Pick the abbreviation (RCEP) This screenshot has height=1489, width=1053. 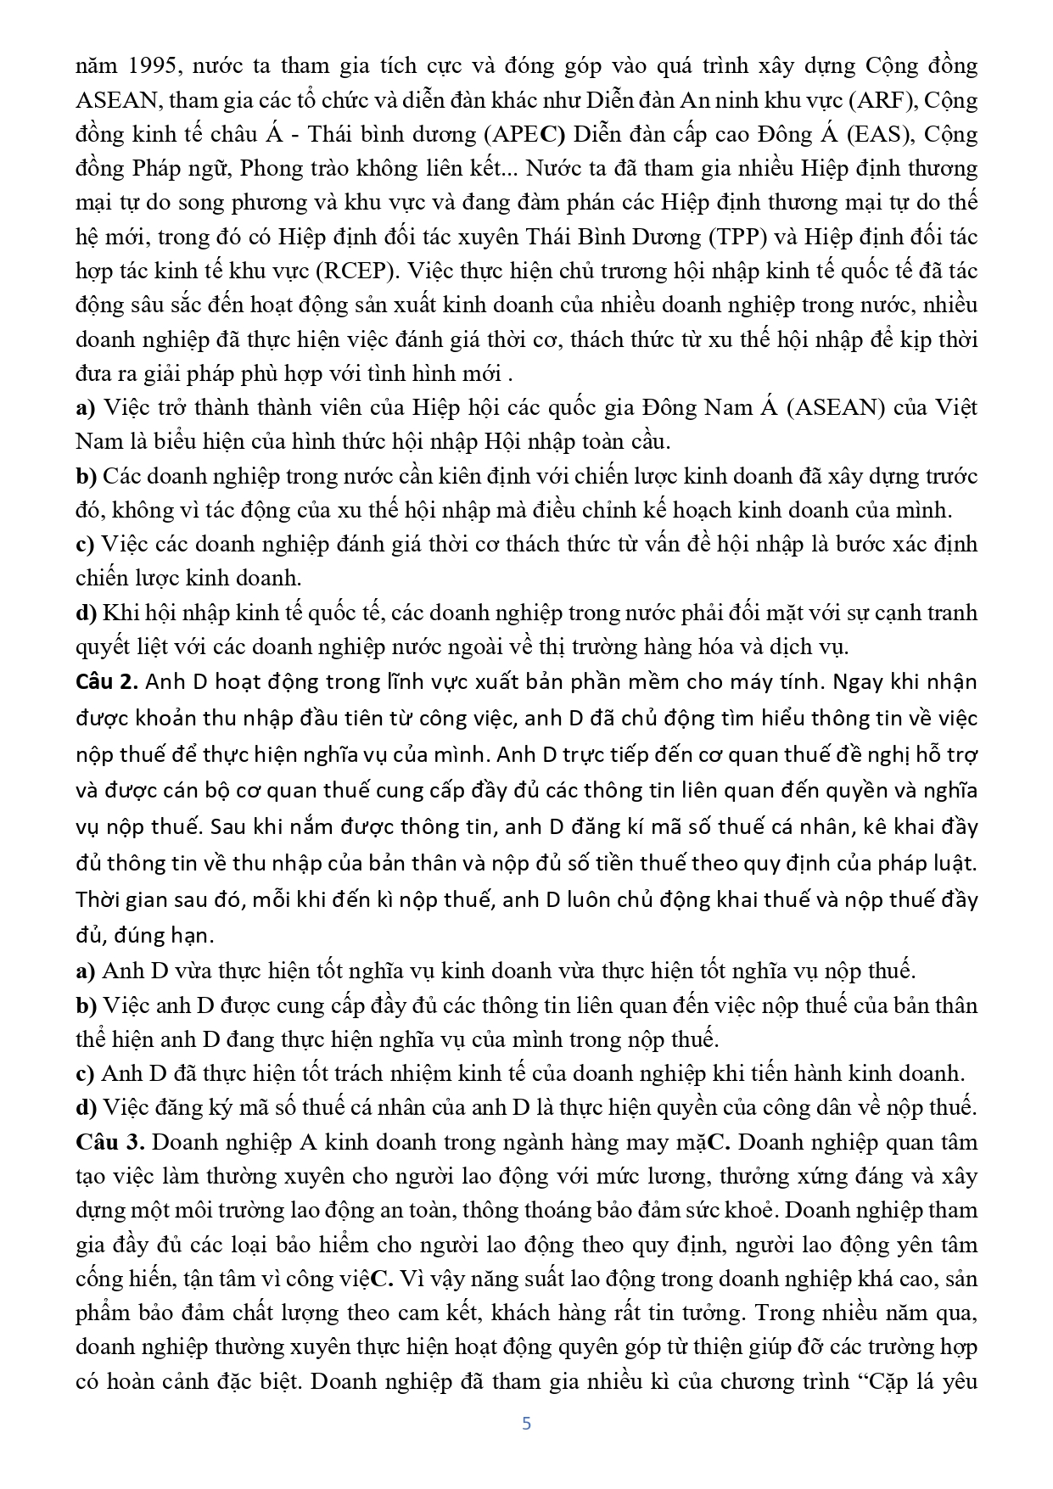point(358,271)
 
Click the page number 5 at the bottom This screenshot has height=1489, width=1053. point(526,1424)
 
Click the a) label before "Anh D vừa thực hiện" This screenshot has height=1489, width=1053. point(85,971)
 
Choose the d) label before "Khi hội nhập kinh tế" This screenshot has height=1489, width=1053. point(86,613)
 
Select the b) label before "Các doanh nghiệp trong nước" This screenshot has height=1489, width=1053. point(87,476)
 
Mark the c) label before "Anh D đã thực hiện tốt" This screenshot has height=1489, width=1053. point(85,1073)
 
